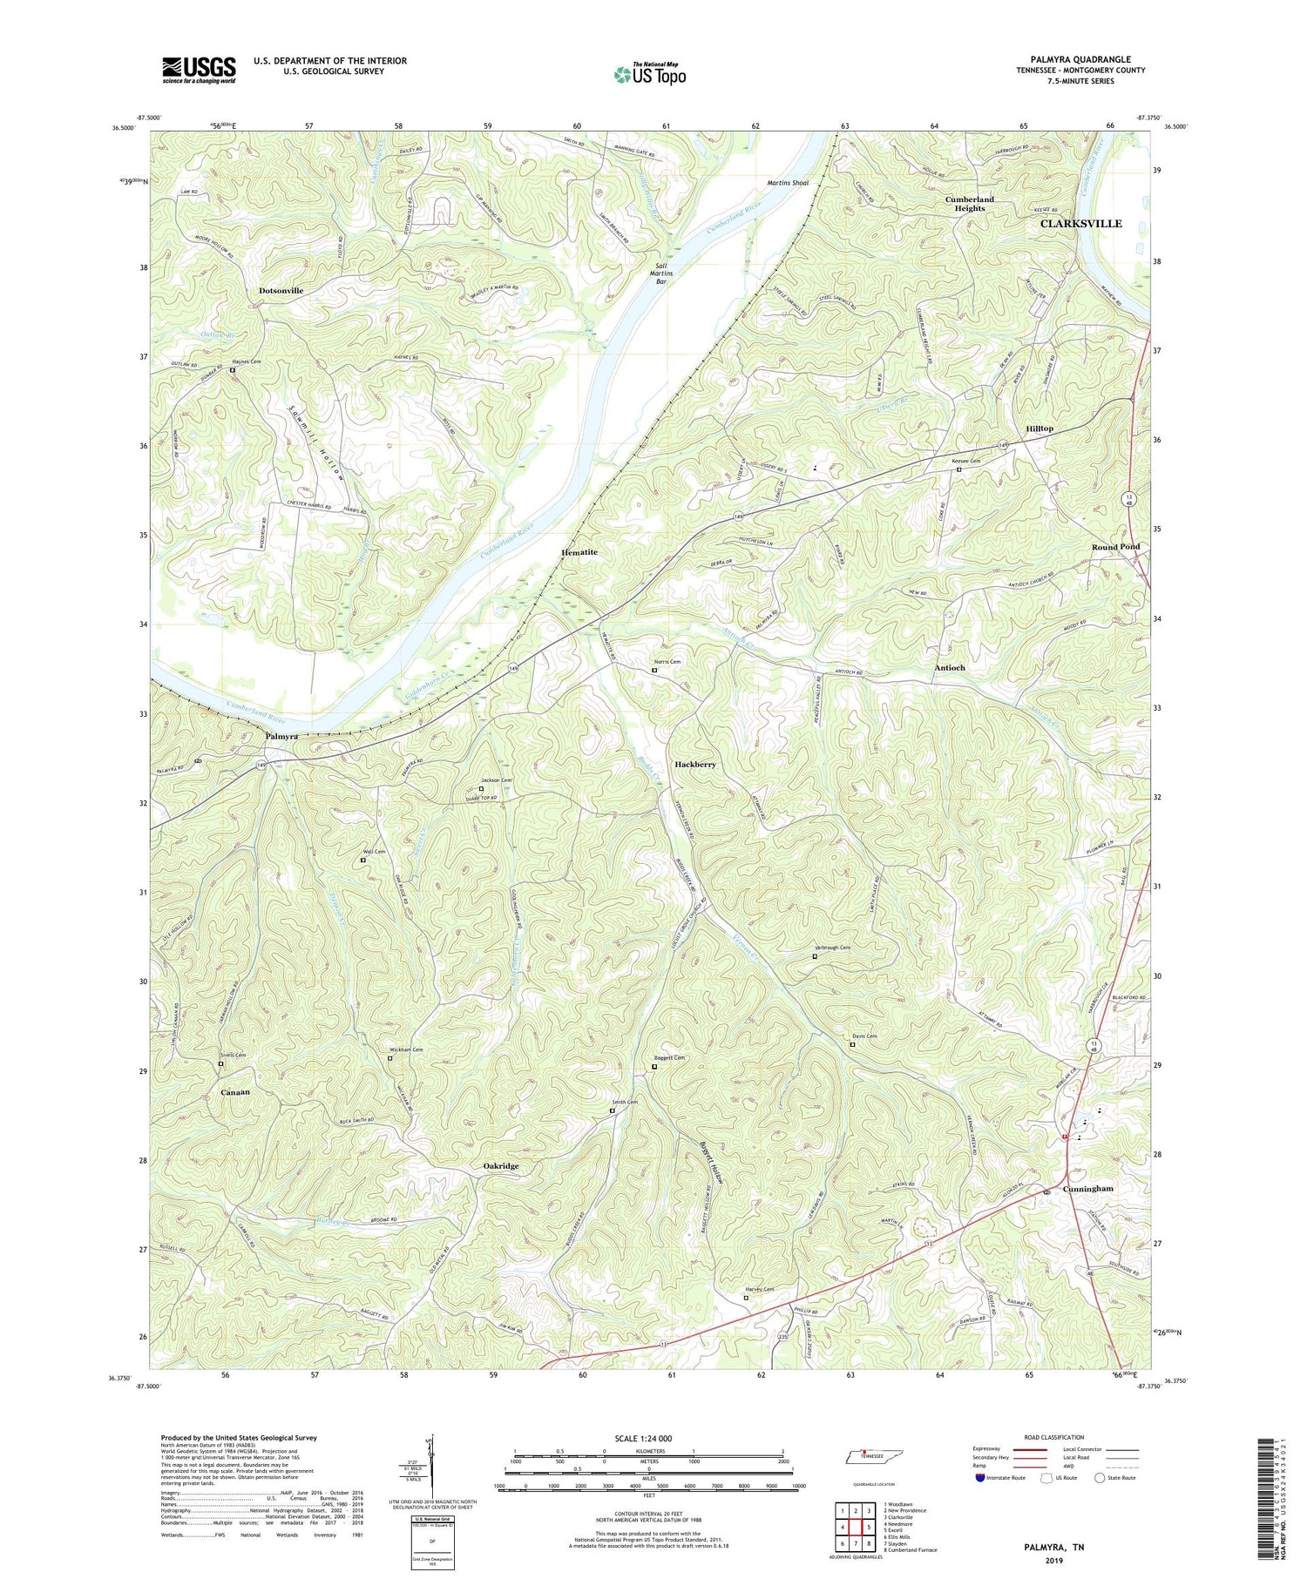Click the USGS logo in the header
(199, 70)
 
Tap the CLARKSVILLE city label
(1080, 224)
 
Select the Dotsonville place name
(287, 290)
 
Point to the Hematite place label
(579, 552)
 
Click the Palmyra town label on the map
(281, 736)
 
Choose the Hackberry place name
(694, 764)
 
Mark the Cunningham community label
(1087, 1189)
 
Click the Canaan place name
(235, 1092)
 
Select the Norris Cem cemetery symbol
(655, 671)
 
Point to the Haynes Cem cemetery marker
(233, 370)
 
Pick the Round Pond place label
(1115, 547)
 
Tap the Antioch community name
(949, 667)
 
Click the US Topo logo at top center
(649, 74)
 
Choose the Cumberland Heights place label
(969, 204)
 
